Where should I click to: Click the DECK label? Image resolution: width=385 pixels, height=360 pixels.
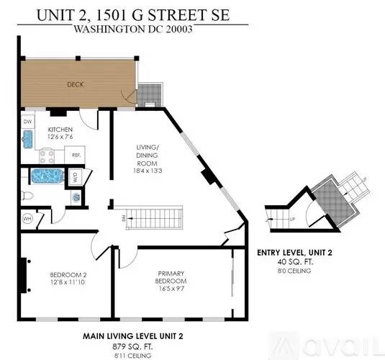[76, 84]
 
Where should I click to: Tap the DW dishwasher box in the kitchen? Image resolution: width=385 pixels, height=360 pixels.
[27, 122]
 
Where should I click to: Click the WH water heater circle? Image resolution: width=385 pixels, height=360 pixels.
[27, 219]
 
